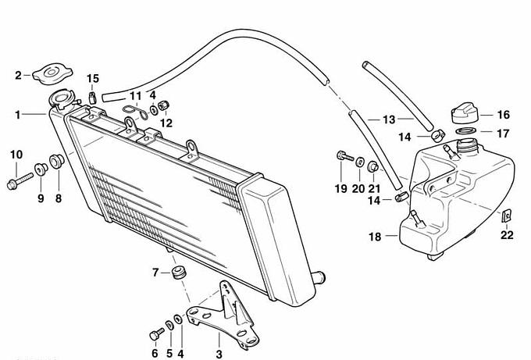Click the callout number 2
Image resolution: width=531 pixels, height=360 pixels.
[18, 76]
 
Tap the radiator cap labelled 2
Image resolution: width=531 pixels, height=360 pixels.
[52, 74]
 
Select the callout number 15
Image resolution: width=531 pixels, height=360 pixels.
[93, 78]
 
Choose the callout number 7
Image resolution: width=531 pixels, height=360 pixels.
[155, 272]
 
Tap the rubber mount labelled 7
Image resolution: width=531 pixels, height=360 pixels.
[180, 274]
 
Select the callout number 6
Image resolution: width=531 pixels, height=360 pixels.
[154, 355]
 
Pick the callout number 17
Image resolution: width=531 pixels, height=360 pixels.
[503, 134]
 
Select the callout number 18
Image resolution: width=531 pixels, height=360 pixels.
[374, 236]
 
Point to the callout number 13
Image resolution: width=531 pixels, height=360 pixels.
[388, 120]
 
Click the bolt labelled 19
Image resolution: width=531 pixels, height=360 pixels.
[340, 157]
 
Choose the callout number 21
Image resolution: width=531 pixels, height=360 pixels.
[374, 188]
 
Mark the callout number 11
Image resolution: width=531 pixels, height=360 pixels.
[135, 96]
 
